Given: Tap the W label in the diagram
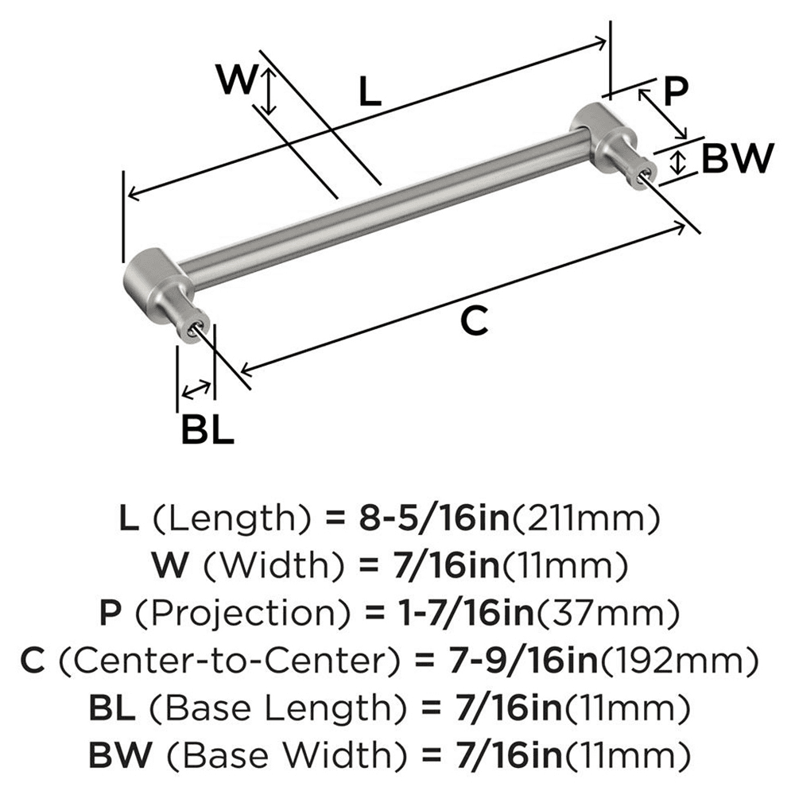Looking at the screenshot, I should pyautogui.click(x=237, y=80).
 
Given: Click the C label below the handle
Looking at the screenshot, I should pyautogui.click(x=474, y=322).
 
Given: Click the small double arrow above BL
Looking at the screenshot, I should pyautogui.click(x=196, y=389).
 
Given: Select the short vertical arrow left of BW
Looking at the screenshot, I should pyautogui.click(x=677, y=163).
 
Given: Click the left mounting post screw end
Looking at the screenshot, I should pyautogui.click(x=195, y=328).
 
